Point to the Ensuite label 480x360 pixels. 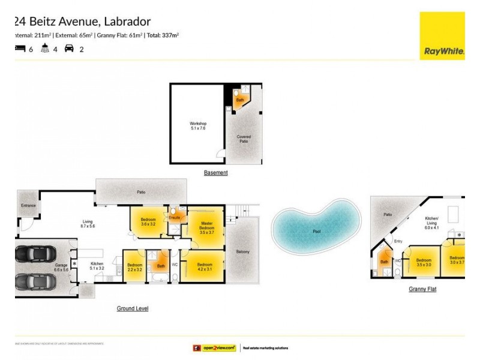pyautogui.click(x=175, y=217)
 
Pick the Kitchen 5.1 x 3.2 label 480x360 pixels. pyautogui.click(x=97, y=266)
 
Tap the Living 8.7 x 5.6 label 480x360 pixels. pyautogui.click(x=88, y=225)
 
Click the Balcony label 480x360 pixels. pyautogui.click(x=242, y=252)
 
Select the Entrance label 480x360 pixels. pyautogui.click(x=28, y=206)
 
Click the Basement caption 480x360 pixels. pyautogui.click(x=216, y=173)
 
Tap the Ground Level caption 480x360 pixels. pyautogui.click(x=133, y=308)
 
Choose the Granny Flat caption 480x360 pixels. pyautogui.click(x=422, y=289)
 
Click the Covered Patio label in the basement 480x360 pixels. pyautogui.click(x=244, y=139)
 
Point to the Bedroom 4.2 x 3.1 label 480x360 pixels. pyautogui.click(x=205, y=266)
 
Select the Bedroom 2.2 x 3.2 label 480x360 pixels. pyautogui.click(x=134, y=266)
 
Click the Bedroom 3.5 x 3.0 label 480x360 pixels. pyautogui.click(x=424, y=262)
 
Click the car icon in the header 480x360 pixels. pyautogui.click(x=69, y=49)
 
